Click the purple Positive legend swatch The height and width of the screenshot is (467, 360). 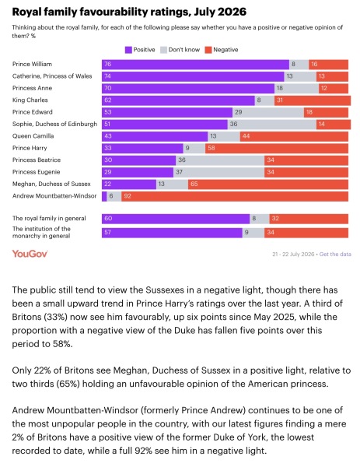coord(128,50)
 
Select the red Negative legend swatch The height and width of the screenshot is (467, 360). coord(208,50)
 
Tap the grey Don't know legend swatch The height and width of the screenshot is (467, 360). coord(163,50)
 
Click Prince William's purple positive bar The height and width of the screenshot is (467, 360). coord(195,65)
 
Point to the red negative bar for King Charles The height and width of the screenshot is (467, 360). coord(313,100)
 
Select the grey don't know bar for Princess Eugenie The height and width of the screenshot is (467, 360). coord(218,172)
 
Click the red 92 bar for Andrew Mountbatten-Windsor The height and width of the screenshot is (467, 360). coord(235,196)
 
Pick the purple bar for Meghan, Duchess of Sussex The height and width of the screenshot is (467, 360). coord(129,184)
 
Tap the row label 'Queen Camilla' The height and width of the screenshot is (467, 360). coord(33,136)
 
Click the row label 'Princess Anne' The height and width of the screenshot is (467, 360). coord(32,88)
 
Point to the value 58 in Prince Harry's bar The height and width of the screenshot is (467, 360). coord(211,148)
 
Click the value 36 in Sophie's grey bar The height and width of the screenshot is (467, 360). coord(233,124)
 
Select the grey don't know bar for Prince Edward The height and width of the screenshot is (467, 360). coord(268,112)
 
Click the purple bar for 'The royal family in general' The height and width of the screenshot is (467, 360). coord(176,219)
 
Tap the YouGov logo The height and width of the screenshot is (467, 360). coord(30,254)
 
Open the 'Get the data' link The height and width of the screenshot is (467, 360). coord(335,255)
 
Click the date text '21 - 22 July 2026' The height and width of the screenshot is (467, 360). coord(293,255)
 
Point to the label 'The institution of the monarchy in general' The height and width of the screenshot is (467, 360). coord(42,232)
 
